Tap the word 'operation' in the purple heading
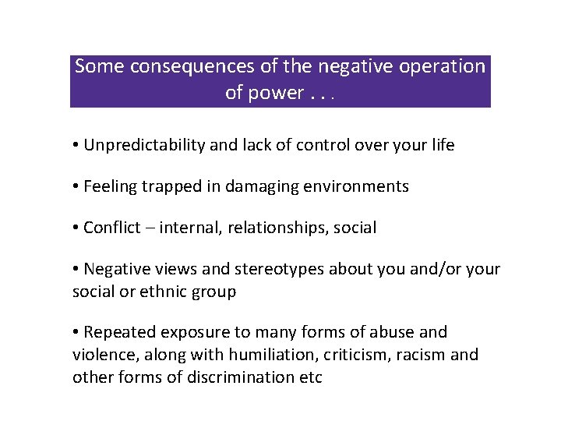click(443, 67)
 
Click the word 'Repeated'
click(116, 332)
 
